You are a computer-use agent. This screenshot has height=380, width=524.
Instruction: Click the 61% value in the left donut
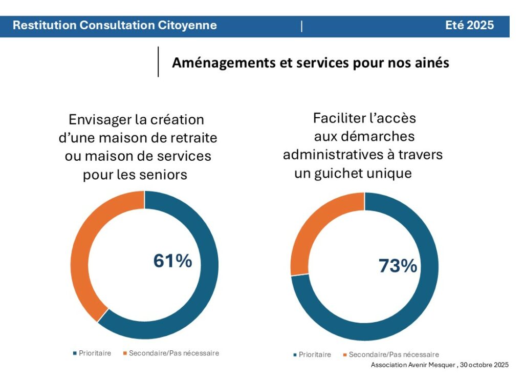[x=173, y=261]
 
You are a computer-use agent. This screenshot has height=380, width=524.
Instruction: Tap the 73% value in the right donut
[x=398, y=266]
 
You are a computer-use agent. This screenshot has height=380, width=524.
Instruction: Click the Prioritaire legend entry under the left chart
[x=95, y=353]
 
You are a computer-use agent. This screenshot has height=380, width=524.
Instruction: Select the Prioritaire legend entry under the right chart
[x=315, y=354]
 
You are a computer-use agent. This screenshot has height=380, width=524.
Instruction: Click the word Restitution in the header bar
[x=44, y=25]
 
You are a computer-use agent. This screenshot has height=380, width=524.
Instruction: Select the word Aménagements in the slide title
[x=216, y=62]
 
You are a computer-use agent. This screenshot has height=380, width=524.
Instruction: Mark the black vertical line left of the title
[x=158, y=62]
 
